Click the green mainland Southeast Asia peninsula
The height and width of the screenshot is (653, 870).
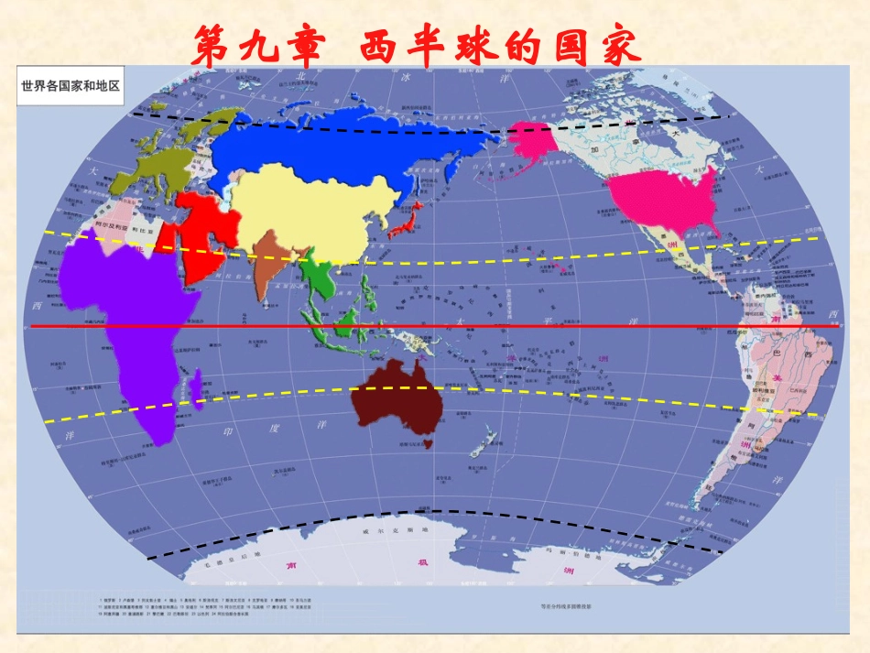point(322,275)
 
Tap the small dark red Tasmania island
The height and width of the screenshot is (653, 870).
point(426,444)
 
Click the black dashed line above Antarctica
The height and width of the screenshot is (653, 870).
point(430,512)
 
